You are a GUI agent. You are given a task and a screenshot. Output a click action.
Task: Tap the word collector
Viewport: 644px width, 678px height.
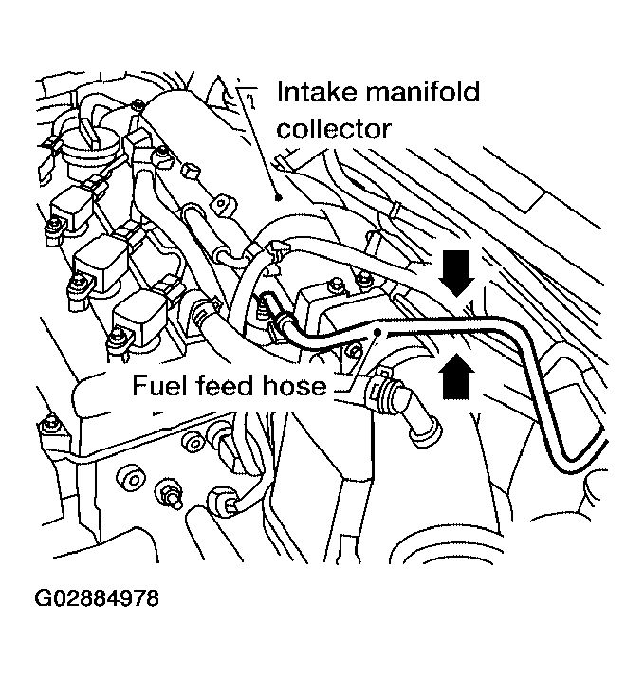(333, 127)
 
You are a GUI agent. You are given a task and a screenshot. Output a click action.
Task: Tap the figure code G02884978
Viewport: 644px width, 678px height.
(97, 598)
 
